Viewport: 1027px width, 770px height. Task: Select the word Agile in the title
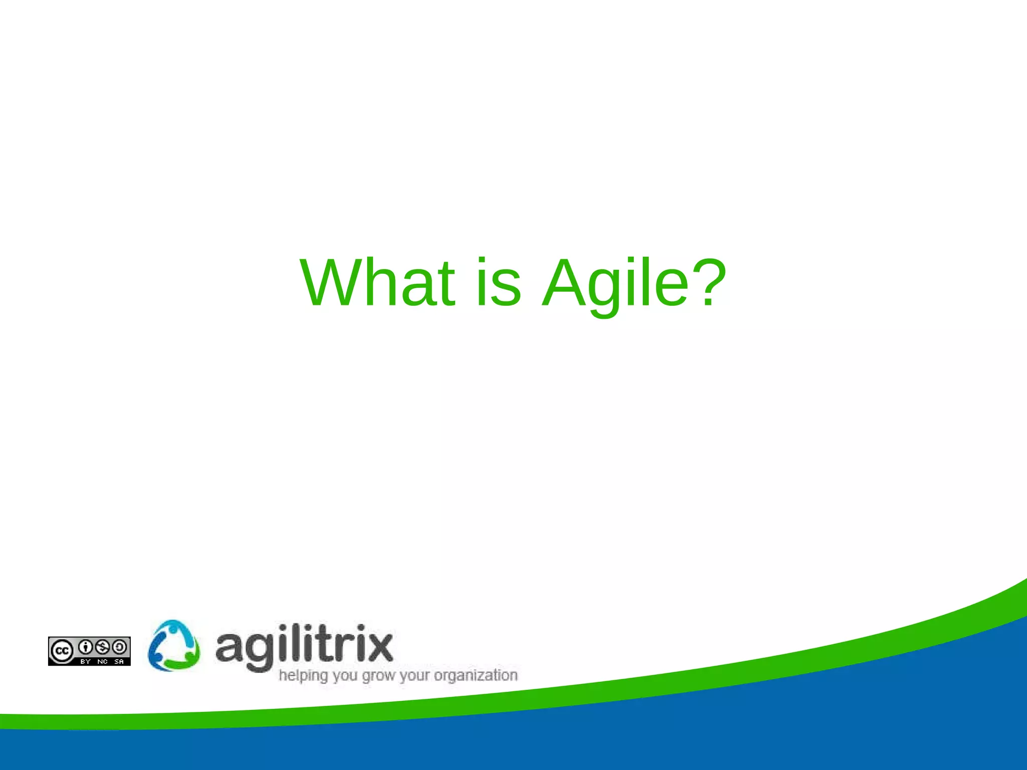[616, 283]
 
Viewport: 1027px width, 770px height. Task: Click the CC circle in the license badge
[62, 651]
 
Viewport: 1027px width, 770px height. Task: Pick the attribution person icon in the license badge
[86, 647]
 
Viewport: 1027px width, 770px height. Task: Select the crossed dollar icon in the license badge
[103, 647]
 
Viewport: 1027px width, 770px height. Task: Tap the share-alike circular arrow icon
[119, 647]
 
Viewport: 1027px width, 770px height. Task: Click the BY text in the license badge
[86, 662]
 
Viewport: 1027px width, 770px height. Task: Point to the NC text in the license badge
[103, 662]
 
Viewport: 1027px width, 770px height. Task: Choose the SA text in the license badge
[119, 662]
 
